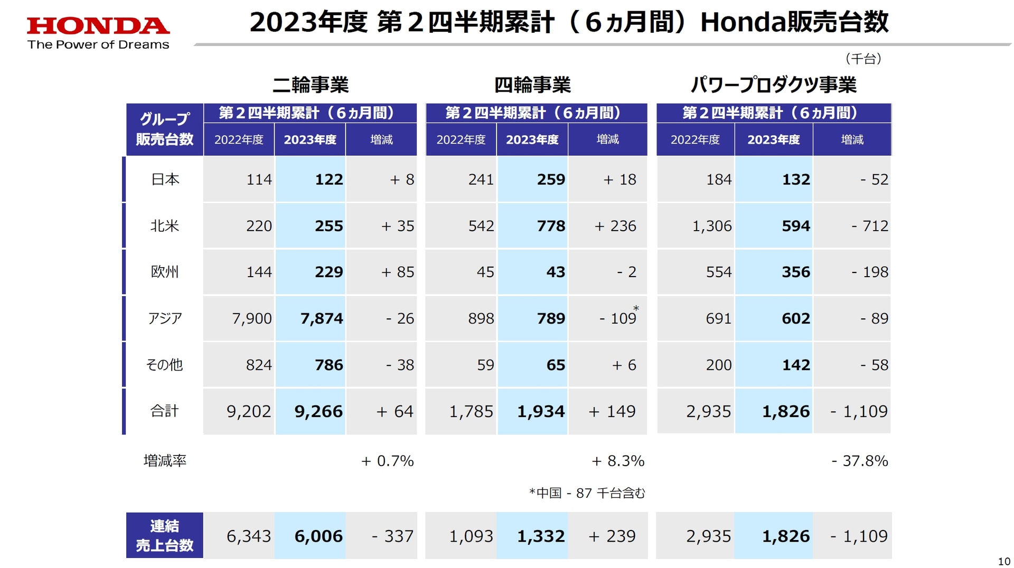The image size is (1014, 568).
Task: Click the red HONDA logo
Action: point(98,25)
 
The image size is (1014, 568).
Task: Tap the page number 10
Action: point(1003,561)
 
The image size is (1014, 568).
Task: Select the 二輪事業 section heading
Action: point(311,84)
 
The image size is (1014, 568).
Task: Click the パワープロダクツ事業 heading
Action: point(774,84)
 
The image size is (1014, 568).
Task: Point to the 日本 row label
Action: point(165,179)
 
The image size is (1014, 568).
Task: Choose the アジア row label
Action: point(165,318)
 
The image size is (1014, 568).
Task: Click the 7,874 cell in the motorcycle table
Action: point(321,318)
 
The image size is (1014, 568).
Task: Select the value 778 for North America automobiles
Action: point(551,226)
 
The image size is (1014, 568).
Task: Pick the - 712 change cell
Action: point(869,226)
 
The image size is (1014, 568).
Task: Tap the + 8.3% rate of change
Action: point(617,461)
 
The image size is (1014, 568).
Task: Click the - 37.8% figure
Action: point(859,461)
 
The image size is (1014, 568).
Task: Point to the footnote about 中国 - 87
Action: point(587,493)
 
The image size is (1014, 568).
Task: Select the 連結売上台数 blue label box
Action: point(165,535)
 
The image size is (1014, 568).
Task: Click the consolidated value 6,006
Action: point(318,536)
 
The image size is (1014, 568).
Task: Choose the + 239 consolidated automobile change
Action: point(612,536)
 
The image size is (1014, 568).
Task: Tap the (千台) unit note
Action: point(863,59)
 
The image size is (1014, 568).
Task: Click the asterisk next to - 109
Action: point(636,309)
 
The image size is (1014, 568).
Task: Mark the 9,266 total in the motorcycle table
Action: point(318,411)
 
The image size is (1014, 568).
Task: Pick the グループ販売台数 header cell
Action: point(165,129)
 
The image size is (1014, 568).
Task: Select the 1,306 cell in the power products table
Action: point(711,226)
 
